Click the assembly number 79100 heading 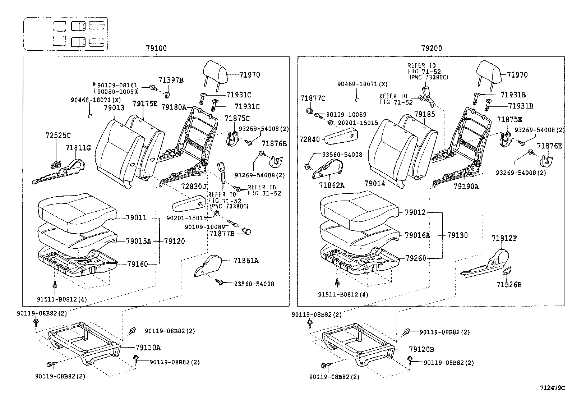tap(156, 49)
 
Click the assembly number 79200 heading tap(432, 49)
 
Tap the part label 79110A tap(148, 348)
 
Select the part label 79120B tap(421, 349)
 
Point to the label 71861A tap(246, 261)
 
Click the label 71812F tap(504, 238)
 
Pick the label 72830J tap(194, 187)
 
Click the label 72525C tap(58, 136)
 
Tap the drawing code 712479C tap(552, 388)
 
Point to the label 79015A tap(139, 241)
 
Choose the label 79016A tap(417, 235)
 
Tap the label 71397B tap(171, 80)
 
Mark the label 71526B tap(509, 285)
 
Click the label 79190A tap(466, 187)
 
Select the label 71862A tap(332, 185)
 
